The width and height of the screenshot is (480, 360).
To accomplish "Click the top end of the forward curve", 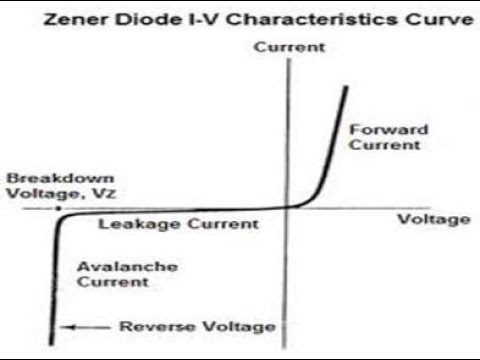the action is [346, 88].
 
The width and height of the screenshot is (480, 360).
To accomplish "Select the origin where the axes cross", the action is [288, 208].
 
